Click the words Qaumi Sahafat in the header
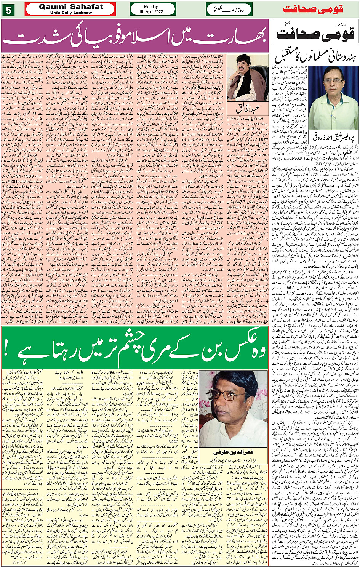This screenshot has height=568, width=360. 71,6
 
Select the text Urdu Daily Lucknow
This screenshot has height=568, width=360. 71,13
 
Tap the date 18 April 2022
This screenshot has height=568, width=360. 153,12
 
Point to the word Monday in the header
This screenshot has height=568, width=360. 153,6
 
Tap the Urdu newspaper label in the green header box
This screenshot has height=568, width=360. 225,9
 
